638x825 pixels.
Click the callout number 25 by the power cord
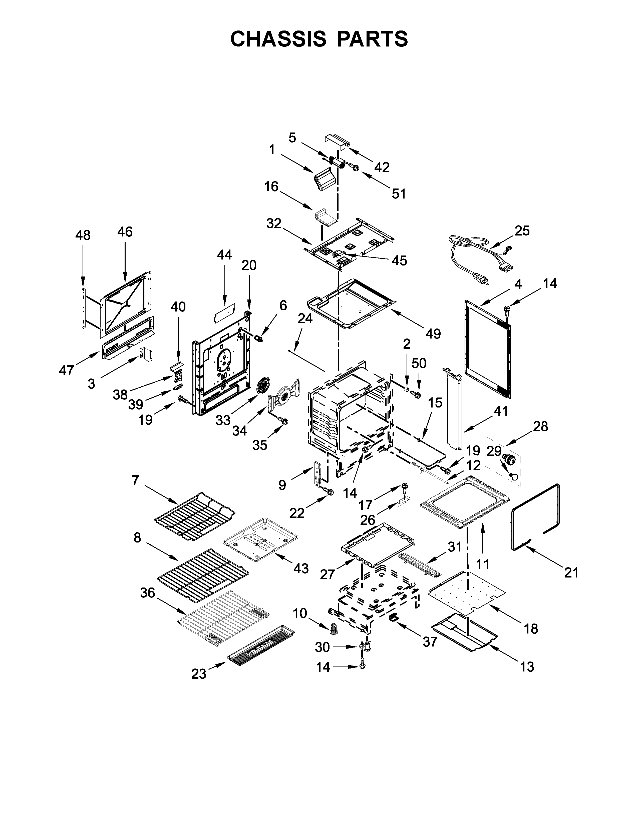tap(522, 230)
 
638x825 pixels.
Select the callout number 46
tap(125, 231)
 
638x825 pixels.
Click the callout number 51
tap(398, 194)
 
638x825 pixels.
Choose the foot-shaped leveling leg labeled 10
tap(334, 629)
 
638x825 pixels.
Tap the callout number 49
tap(433, 333)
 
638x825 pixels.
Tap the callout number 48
tap(83, 235)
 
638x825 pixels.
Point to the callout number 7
tap(136, 480)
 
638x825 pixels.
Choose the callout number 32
tap(274, 224)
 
